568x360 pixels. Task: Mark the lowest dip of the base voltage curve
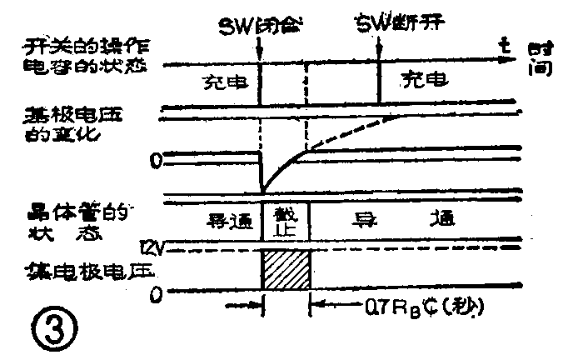point(262,189)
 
